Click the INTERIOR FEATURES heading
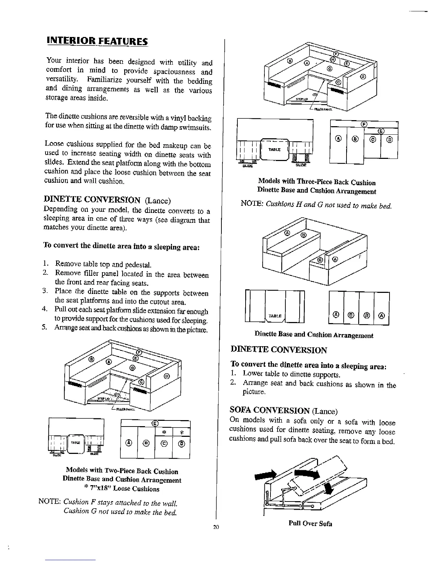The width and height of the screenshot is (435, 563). click(97, 41)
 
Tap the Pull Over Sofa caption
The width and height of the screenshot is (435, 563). click(310, 524)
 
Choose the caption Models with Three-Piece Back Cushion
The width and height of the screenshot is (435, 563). click(317, 183)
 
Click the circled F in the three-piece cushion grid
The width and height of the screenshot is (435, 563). click(363, 124)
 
